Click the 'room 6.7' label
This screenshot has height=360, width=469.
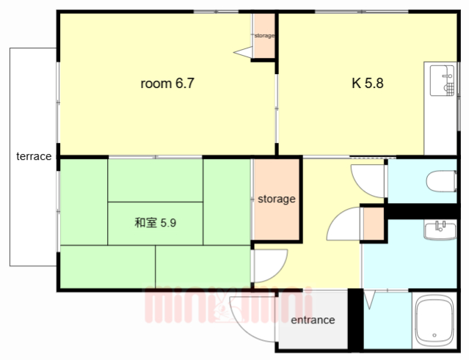(x=167, y=84)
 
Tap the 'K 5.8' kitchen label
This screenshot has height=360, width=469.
(x=367, y=83)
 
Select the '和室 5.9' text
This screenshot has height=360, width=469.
(x=155, y=222)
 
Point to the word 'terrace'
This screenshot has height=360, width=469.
(x=34, y=156)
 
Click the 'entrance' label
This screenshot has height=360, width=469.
(x=313, y=320)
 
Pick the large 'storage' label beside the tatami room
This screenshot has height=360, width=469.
(x=276, y=199)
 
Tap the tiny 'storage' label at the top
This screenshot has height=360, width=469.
(x=264, y=35)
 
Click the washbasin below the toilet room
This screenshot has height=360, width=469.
(x=440, y=231)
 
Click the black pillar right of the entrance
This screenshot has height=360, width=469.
(x=355, y=319)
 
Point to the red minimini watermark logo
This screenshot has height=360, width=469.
(x=228, y=306)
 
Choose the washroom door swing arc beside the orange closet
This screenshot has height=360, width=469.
(x=344, y=224)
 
